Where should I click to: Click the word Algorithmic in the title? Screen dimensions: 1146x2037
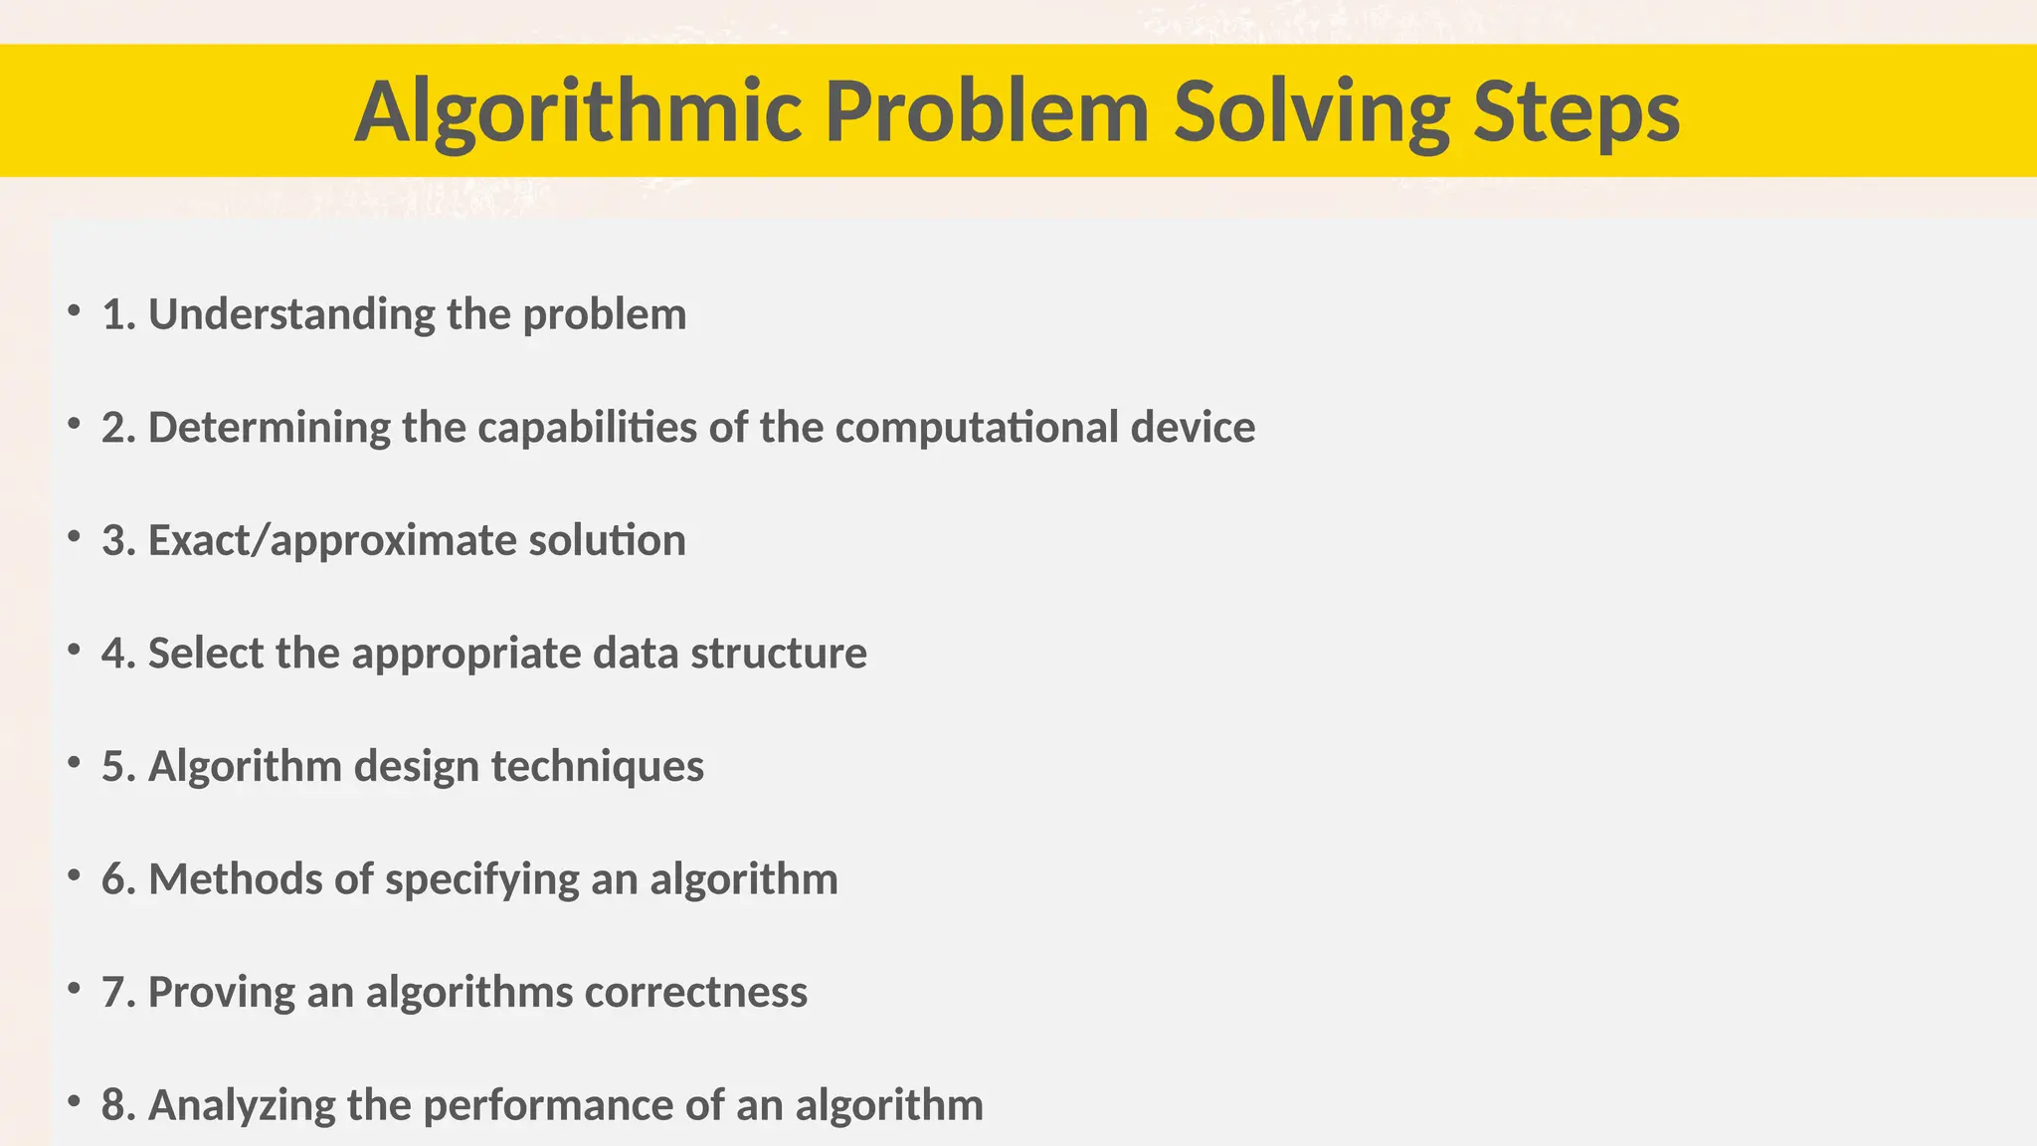tap(578, 111)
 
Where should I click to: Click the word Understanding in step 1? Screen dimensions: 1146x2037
tap(291, 314)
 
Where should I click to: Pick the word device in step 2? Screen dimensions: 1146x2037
tap(1193, 428)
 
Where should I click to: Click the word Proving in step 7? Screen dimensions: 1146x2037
tap(221, 993)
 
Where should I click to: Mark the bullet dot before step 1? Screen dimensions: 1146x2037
tap(74, 311)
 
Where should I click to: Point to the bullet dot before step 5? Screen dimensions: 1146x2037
tap(74, 763)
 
